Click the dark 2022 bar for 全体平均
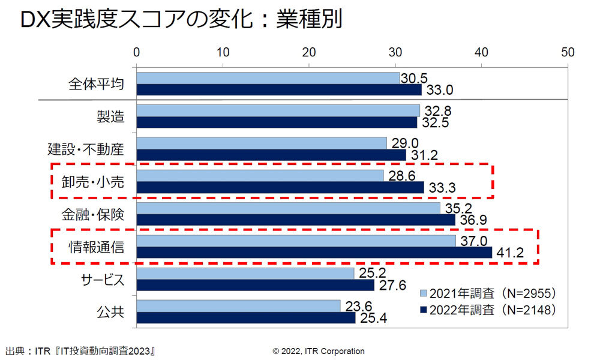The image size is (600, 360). click(x=279, y=90)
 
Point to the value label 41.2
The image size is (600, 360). click(x=509, y=253)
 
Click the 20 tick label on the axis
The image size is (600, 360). click(x=310, y=52)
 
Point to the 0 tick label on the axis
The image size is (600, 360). click(x=137, y=52)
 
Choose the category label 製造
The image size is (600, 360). click(x=110, y=116)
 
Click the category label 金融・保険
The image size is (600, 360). click(x=92, y=214)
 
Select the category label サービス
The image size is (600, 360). click(x=102, y=280)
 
